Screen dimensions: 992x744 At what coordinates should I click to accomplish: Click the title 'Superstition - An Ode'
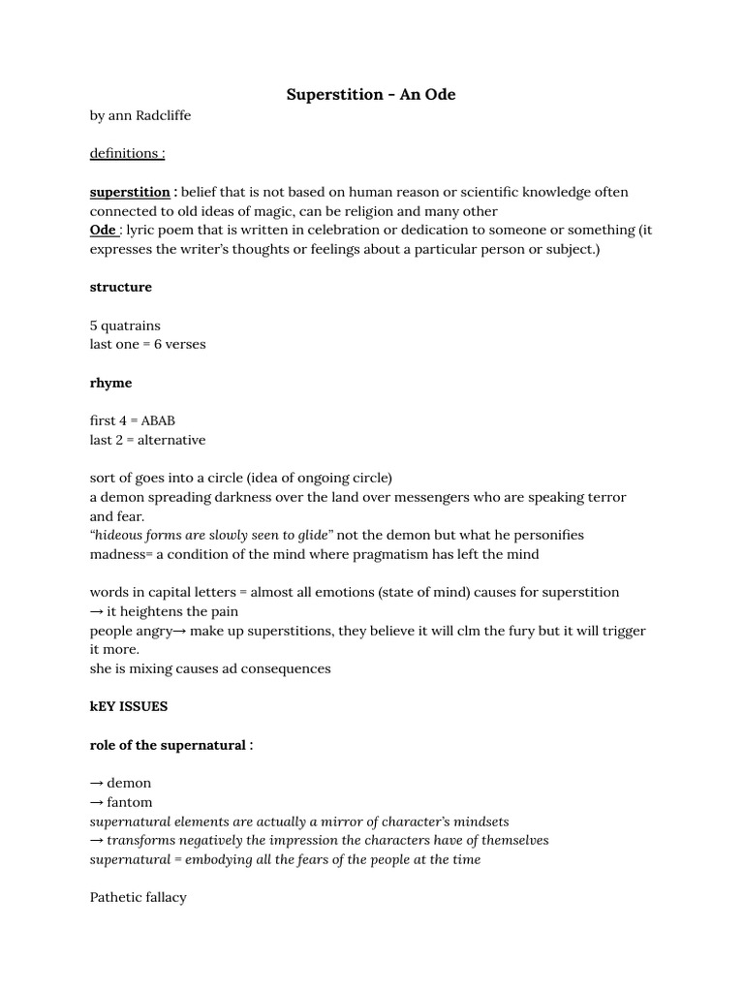click(x=371, y=95)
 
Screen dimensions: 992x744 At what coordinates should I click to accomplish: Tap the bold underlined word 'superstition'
click(x=130, y=192)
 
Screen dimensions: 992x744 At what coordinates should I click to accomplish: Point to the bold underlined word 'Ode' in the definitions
click(x=103, y=230)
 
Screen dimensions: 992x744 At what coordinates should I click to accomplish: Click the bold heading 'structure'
click(x=121, y=287)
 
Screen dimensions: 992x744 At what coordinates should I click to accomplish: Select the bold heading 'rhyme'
click(x=110, y=383)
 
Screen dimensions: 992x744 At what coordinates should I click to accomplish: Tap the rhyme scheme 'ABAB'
click(x=159, y=420)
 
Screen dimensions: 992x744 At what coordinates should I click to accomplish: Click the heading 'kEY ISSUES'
click(x=129, y=706)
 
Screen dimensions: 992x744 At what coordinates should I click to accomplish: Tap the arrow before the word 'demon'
click(x=97, y=783)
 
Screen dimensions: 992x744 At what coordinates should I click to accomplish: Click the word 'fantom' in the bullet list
click(x=130, y=802)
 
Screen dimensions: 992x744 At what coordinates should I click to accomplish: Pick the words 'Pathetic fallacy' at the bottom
click(x=139, y=897)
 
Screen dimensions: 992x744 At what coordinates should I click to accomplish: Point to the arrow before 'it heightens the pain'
click(x=97, y=611)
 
